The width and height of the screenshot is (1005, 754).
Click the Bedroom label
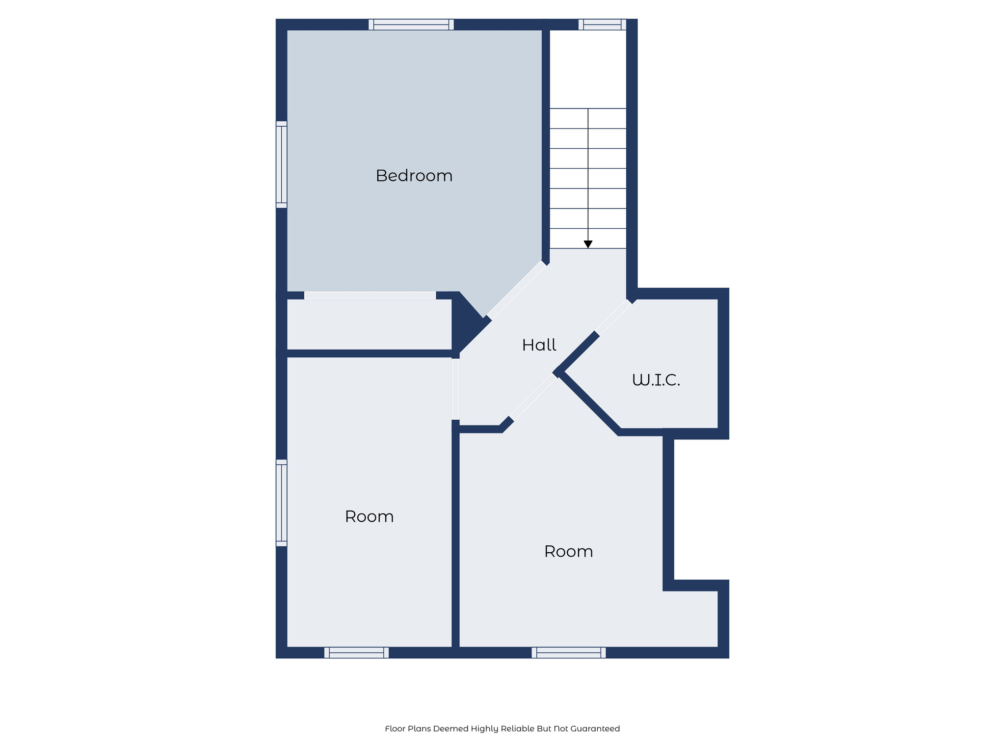pos(414,176)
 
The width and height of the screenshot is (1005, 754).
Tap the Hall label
pos(539,345)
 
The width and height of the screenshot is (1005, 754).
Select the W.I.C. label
pos(656,380)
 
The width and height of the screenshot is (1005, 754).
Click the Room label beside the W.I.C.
pos(568,552)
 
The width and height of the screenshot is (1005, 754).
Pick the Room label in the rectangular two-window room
pos(369,516)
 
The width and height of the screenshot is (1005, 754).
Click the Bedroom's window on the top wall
pos(411,24)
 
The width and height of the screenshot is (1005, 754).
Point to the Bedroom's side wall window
pos(281,164)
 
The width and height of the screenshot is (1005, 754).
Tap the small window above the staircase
pos(602,24)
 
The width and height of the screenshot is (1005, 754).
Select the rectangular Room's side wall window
pos(281,503)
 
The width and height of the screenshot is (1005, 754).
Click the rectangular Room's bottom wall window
pos(356,652)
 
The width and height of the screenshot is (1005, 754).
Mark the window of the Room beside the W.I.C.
pos(568,652)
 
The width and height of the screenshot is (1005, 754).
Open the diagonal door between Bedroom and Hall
pos(517,290)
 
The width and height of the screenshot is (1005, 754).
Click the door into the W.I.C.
pos(613,317)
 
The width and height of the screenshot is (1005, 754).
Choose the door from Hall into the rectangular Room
pos(455,389)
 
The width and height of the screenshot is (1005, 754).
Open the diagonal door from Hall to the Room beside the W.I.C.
pos(534,397)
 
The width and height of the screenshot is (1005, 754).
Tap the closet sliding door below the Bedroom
pos(370,296)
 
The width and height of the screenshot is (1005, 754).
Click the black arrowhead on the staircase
pos(588,244)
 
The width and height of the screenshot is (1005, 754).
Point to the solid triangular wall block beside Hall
pos(465,322)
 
